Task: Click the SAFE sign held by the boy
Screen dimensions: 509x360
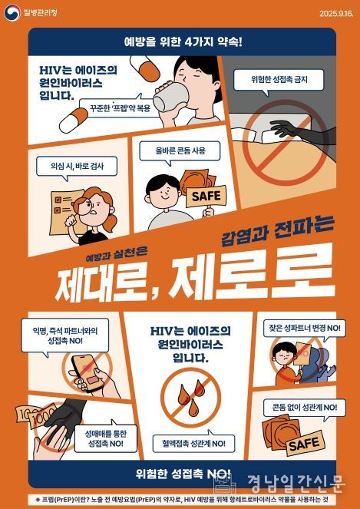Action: pos(206,196)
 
